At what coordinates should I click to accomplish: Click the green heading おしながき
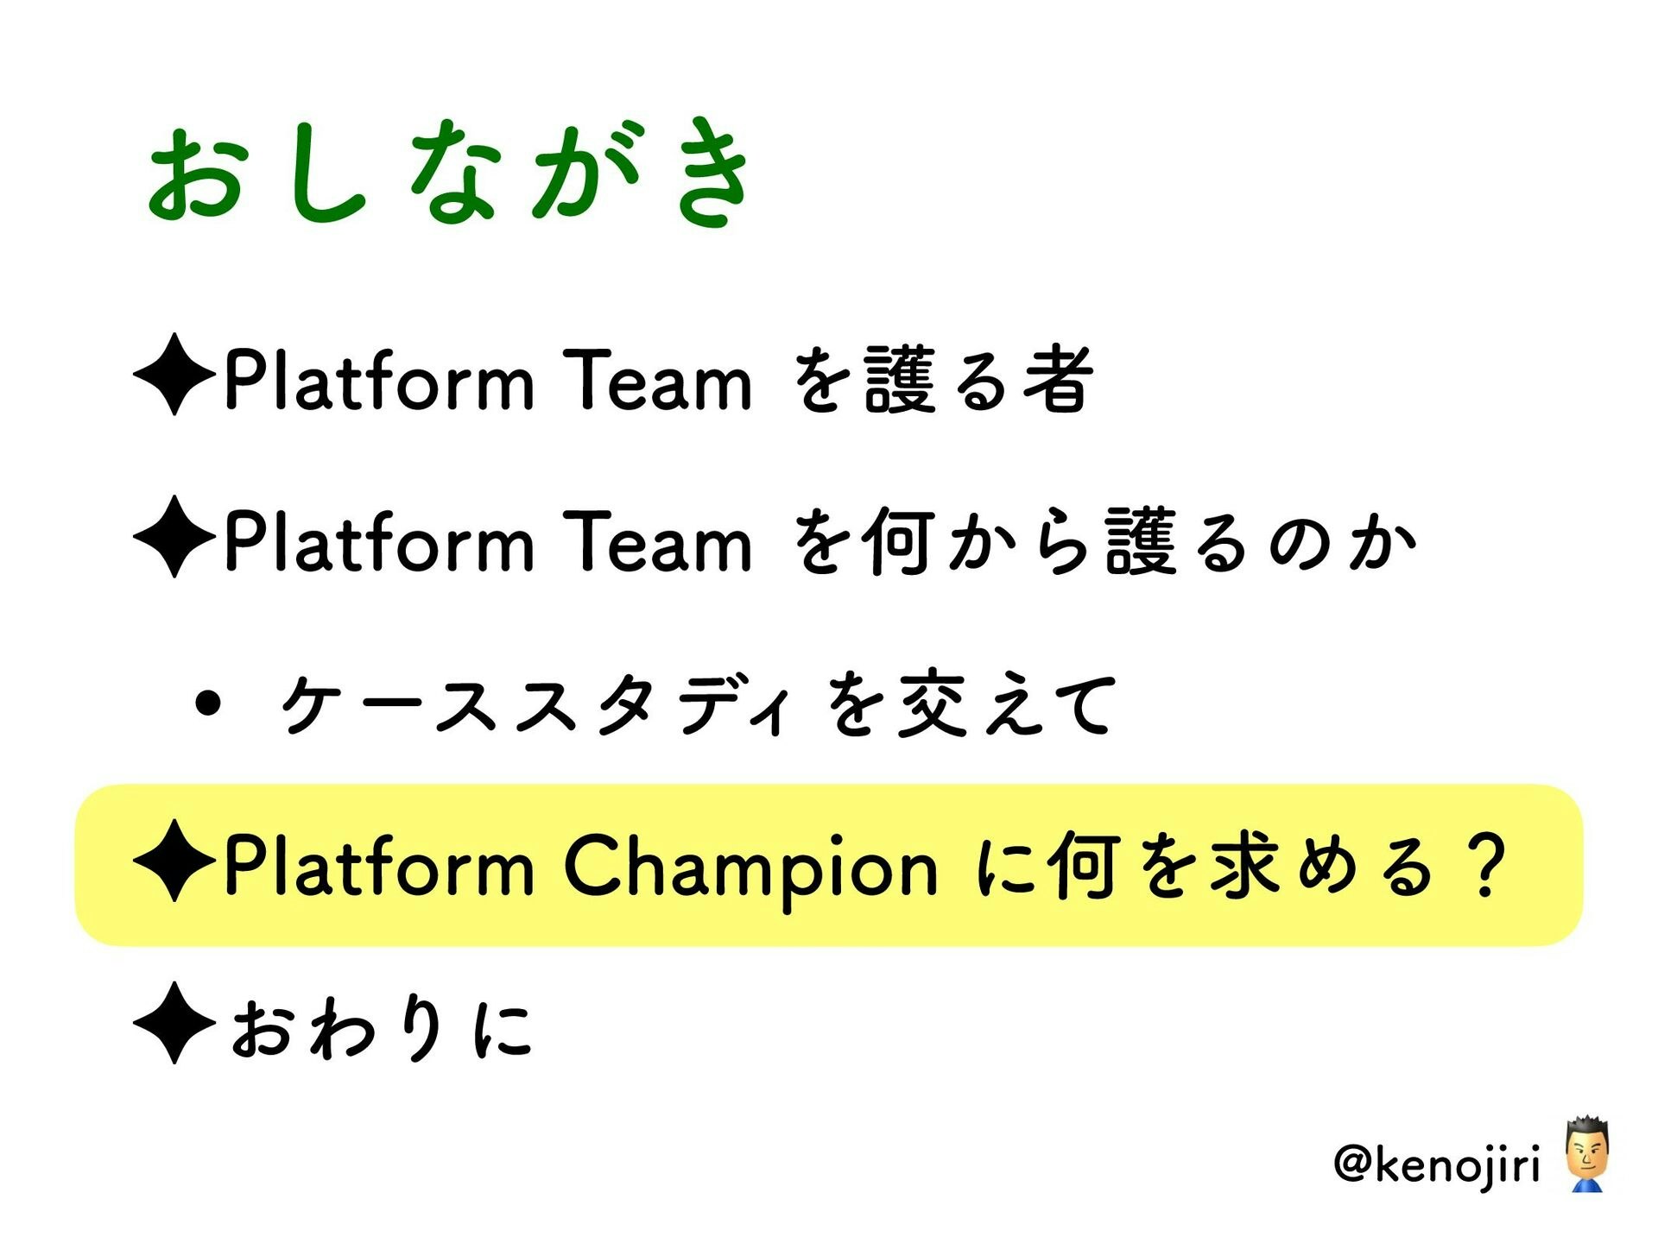450,173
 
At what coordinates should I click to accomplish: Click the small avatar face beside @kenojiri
1586,1154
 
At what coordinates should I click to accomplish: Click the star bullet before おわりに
174,1023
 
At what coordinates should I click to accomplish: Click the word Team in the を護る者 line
657,379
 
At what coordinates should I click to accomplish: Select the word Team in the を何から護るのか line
657,541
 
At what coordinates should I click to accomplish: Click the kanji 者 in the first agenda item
1059,378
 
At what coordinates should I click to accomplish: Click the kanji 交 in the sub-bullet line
931,704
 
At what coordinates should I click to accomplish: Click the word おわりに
381,1027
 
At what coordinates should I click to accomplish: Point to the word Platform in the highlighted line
379,865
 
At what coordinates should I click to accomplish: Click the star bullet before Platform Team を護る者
174,374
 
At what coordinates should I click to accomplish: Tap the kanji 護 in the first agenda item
900,378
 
